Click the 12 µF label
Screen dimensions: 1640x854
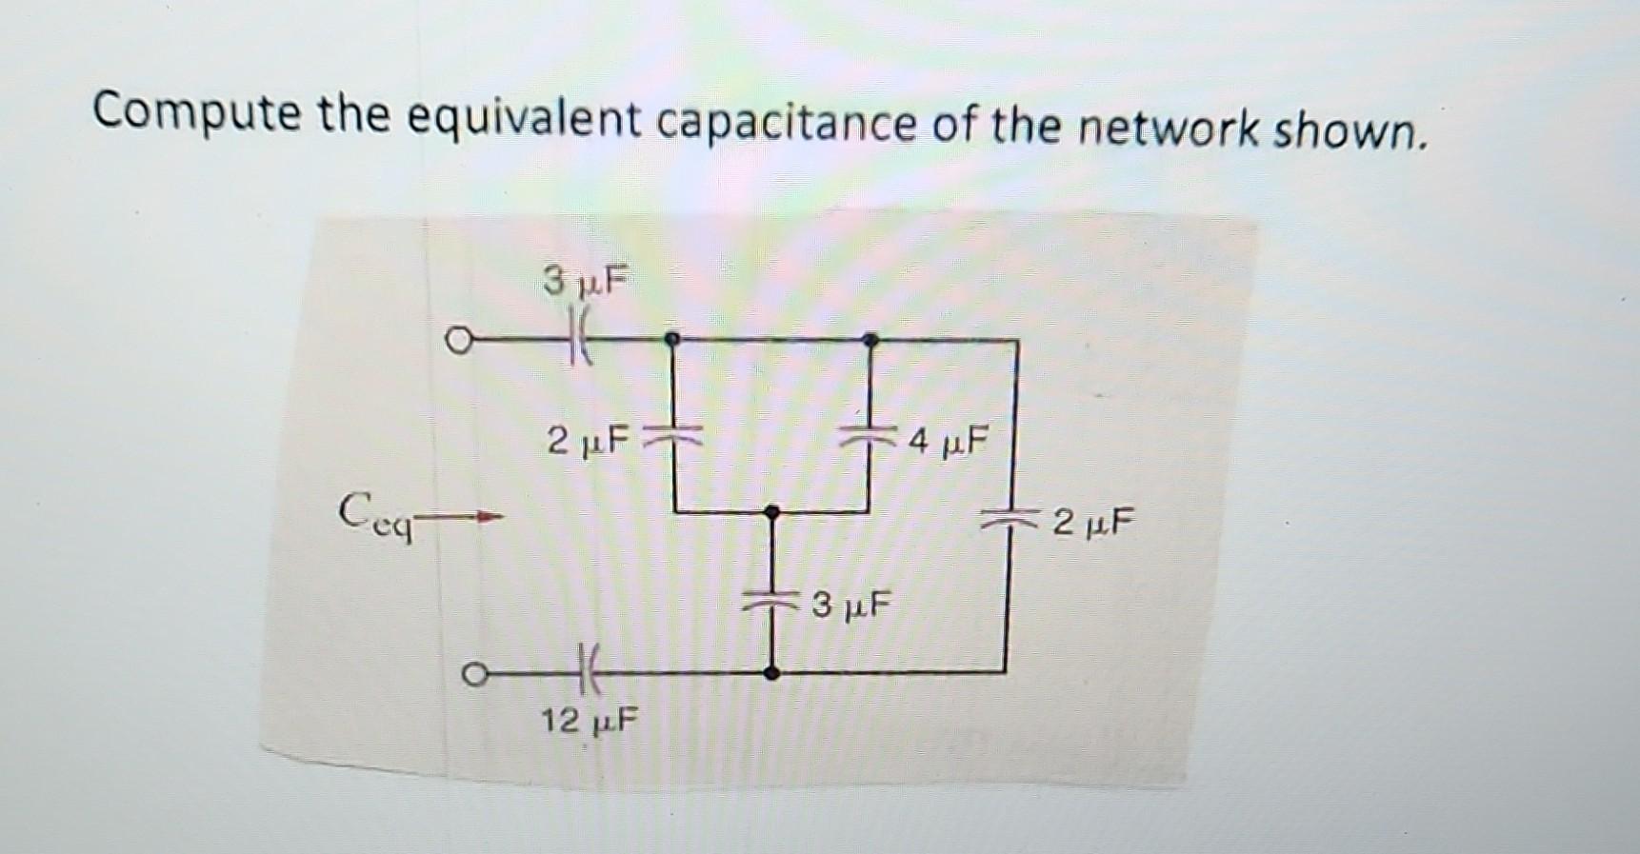coord(590,721)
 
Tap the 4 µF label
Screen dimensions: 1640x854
coord(949,441)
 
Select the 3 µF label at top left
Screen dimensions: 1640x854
coord(586,281)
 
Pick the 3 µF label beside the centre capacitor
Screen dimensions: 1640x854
coord(851,604)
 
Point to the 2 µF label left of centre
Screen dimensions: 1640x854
coord(589,440)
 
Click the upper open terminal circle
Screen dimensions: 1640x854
coord(459,340)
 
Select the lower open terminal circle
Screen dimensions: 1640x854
coord(472,674)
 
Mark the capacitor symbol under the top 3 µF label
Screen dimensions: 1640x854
coord(580,340)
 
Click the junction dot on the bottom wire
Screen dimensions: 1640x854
coord(772,673)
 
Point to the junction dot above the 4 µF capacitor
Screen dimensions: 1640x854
coord(870,339)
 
